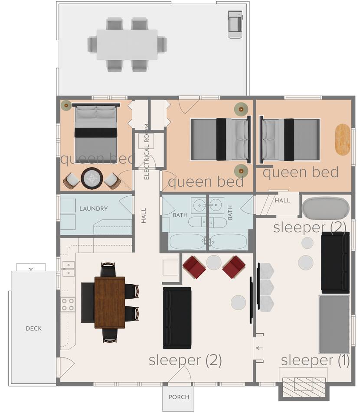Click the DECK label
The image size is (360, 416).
pos(34,328)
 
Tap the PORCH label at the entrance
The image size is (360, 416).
pos(179,397)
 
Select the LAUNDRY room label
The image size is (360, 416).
pos(93,208)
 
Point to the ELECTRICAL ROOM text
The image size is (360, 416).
pos(146,152)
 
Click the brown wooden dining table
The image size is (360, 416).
pos(110,302)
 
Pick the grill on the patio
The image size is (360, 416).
pos(235,24)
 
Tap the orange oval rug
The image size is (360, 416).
pos(343,140)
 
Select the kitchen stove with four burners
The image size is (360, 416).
pos(68,304)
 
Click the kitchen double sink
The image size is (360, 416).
pos(68,269)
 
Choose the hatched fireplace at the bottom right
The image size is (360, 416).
pos(304,387)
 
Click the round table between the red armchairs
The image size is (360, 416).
pos(214,263)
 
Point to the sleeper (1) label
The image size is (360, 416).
pos(315,360)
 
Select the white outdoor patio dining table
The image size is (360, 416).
pos(127,45)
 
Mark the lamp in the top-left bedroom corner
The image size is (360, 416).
pos(66,106)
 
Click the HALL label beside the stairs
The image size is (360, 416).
pos(282,200)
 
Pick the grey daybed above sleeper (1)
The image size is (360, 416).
pos(334,325)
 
